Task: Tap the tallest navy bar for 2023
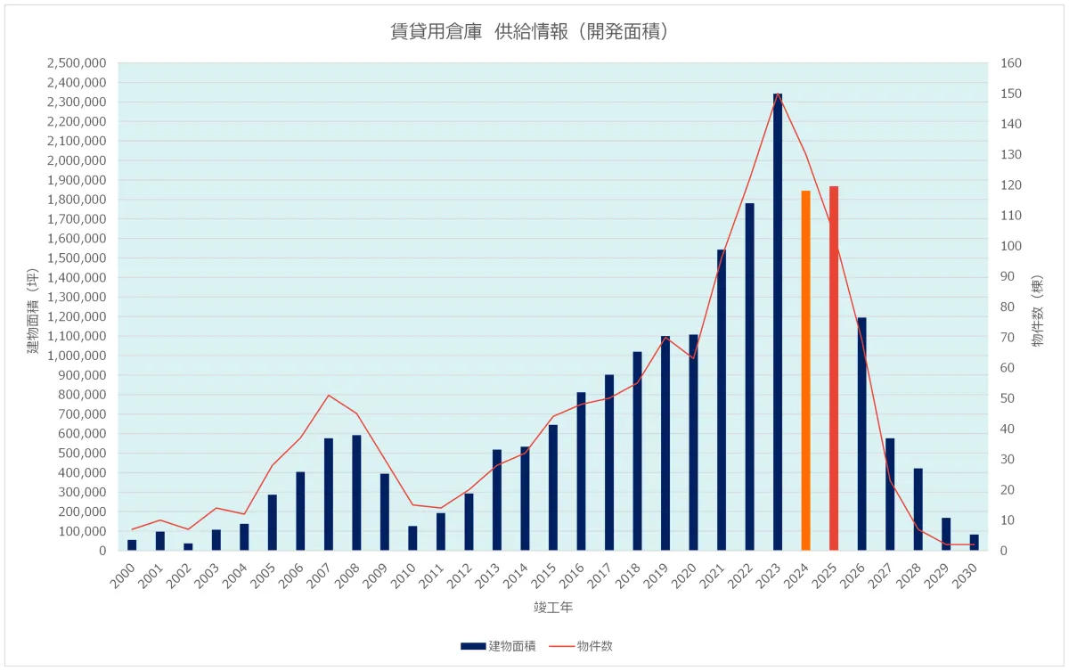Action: pyautogui.click(x=778, y=322)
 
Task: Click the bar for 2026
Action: pyautogui.click(x=861, y=434)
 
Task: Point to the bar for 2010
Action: pyautogui.click(x=412, y=538)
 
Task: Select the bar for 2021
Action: pyautogui.click(x=722, y=400)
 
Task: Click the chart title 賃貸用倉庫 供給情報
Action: pyautogui.click(x=530, y=32)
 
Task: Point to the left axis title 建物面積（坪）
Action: pyautogui.click(x=33, y=313)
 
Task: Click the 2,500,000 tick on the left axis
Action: pyautogui.click(x=77, y=63)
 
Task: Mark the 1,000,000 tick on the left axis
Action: pyautogui.click(x=77, y=356)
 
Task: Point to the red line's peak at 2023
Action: pyautogui.click(x=778, y=94)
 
